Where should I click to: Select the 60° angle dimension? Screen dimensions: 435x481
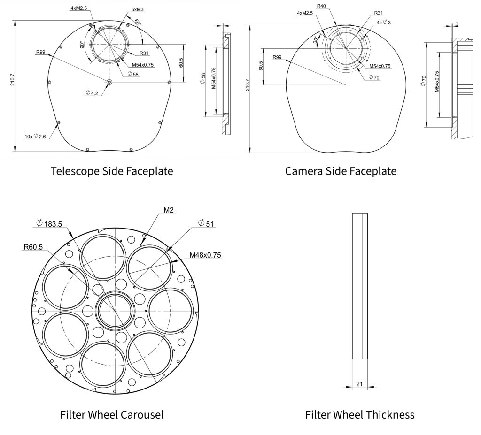(x=137, y=22)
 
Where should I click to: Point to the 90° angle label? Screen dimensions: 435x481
(x=82, y=46)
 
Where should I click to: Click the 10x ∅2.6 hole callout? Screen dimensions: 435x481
(x=36, y=137)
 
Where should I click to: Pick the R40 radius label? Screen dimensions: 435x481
(x=321, y=6)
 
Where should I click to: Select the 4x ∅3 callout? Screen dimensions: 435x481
(x=384, y=23)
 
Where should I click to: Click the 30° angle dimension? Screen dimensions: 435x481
(x=316, y=40)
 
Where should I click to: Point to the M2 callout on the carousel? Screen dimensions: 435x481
(x=169, y=210)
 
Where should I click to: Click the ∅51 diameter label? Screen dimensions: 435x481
(x=206, y=223)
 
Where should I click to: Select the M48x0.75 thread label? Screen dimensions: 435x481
(x=206, y=255)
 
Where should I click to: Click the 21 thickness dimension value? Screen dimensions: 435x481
(x=359, y=384)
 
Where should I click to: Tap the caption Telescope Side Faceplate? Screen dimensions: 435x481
(x=112, y=171)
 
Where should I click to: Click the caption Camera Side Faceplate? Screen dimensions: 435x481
(x=341, y=171)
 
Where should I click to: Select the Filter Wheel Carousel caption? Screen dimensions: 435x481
(x=112, y=415)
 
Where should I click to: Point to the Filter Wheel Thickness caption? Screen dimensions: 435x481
(x=360, y=415)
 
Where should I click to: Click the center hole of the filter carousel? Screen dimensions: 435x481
(x=115, y=311)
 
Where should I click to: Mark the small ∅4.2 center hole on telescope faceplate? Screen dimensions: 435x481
(x=109, y=82)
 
